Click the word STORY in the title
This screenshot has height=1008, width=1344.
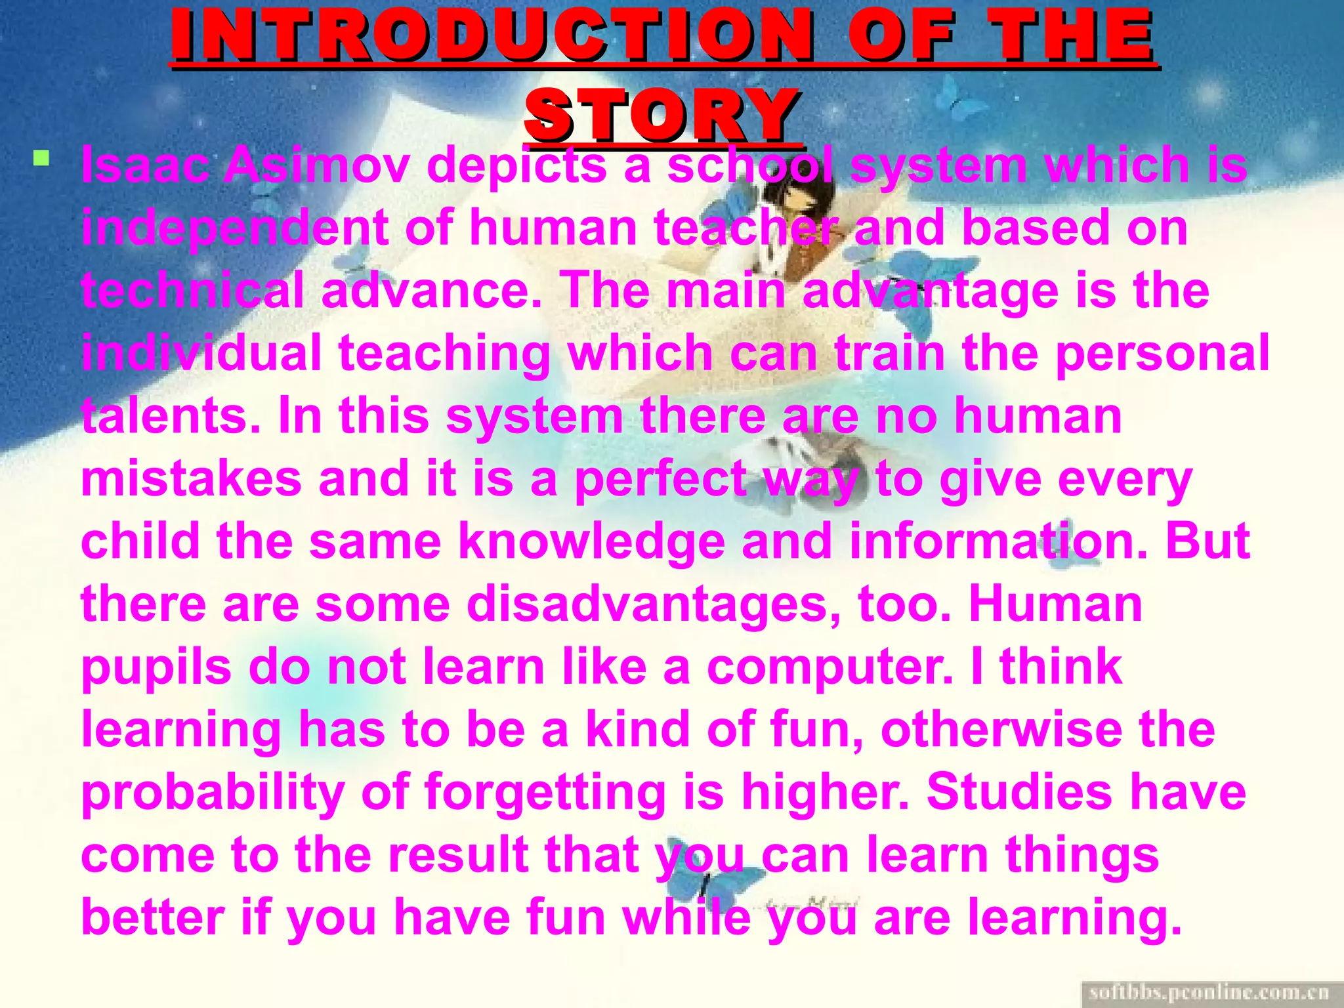[663, 115]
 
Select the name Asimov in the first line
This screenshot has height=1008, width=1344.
[317, 165]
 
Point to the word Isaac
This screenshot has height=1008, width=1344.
[144, 165]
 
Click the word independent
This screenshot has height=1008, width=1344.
[234, 228]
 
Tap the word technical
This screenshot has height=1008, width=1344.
[193, 290]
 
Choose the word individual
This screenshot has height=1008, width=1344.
[201, 353]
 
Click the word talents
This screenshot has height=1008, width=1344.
[171, 416]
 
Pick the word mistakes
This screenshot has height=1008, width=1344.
[191, 478]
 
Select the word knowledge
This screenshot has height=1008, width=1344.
[591, 541]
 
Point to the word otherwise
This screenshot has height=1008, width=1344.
[1001, 729]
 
